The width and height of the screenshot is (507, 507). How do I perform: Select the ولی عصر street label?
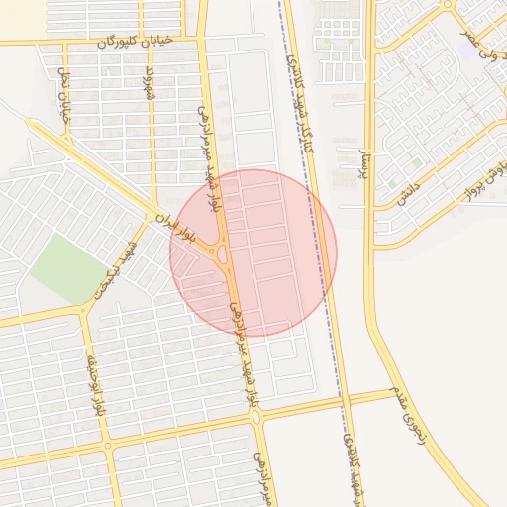[x=483, y=35]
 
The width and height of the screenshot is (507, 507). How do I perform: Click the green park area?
[x=67, y=268]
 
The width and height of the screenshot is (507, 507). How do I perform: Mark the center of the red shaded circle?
[x=253, y=253]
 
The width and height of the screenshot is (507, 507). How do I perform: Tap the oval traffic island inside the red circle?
[x=222, y=255]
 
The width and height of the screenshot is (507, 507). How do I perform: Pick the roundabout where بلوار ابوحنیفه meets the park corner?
[x=83, y=310]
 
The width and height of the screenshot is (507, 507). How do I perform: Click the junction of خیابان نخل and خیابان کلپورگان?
[x=63, y=43]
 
